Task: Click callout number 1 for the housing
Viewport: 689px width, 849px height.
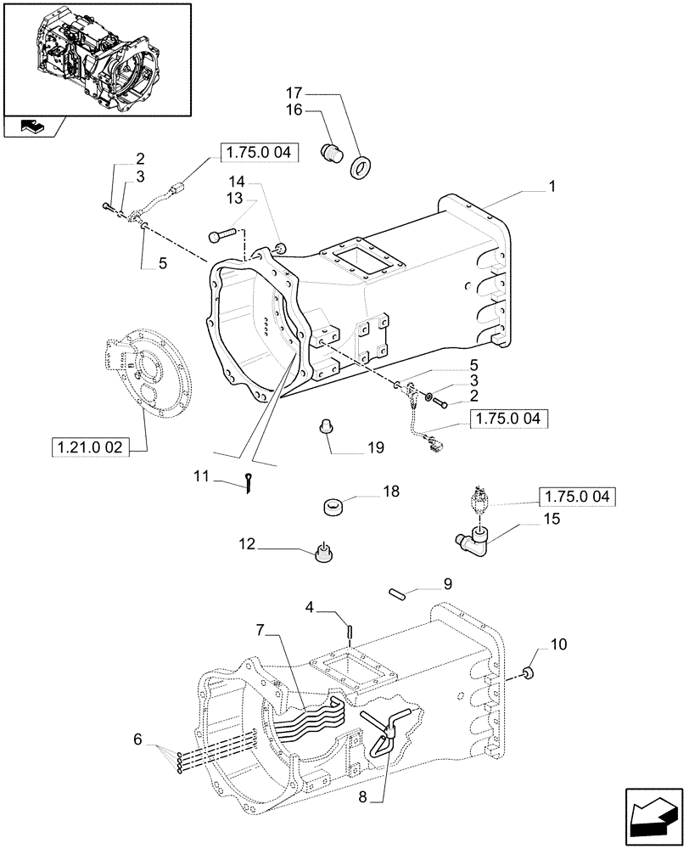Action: tap(552, 183)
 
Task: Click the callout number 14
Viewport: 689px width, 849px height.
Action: tap(235, 181)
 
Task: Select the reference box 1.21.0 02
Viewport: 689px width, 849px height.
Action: tap(90, 447)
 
